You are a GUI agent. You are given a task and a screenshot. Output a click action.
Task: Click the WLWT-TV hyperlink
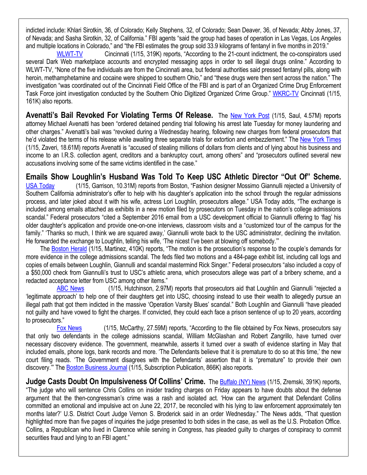(x=69, y=54)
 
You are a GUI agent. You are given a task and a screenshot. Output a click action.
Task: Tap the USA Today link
(x=40, y=185)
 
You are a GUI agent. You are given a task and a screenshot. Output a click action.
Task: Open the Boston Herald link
(x=65, y=248)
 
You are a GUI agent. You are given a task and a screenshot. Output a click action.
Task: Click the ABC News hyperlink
(x=70, y=288)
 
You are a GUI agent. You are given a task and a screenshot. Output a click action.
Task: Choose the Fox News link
(x=69, y=328)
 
